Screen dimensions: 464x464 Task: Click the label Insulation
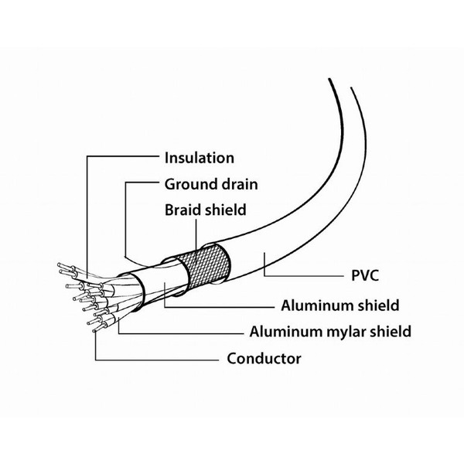point(199,158)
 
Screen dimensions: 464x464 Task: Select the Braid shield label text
point(205,209)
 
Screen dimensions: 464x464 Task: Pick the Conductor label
point(264,358)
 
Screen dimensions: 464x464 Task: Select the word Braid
point(183,209)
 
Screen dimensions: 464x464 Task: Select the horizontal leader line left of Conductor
point(155,360)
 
